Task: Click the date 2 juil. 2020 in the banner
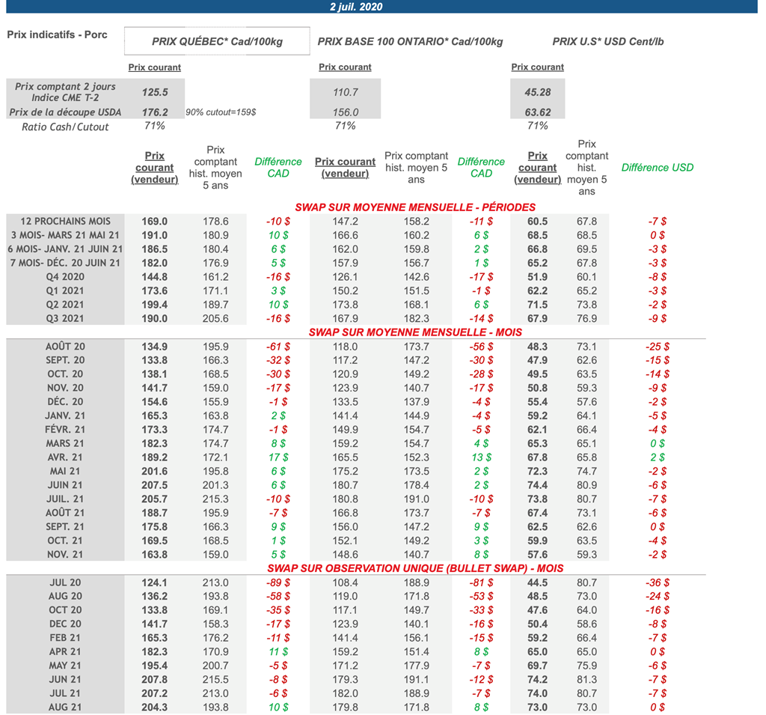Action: tap(357, 7)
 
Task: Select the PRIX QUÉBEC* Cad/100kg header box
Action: tap(217, 42)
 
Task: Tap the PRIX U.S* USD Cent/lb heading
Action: tap(607, 42)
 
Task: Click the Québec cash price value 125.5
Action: tap(155, 93)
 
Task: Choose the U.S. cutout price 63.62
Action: tap(537, 112)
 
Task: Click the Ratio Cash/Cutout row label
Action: tap(65, 127)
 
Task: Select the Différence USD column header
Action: tap(657, 168)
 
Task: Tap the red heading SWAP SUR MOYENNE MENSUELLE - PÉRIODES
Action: tap(415, 207)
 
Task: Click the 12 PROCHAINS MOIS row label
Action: tap(66, 221)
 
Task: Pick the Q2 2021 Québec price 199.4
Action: tap(155, 305)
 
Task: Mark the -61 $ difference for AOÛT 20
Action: tap(278, 347)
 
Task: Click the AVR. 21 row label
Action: tap(66, 457)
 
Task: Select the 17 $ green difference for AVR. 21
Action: tap(278, 457)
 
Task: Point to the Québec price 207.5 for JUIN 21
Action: tap(155, 485)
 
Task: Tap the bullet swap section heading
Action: tap(415, 568)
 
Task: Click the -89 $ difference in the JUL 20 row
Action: tap(278, 582)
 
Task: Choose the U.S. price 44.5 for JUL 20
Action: tap(537, 582)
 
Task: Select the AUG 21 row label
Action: tap(66, 707)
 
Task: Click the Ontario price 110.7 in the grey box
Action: tap(345, 93)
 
